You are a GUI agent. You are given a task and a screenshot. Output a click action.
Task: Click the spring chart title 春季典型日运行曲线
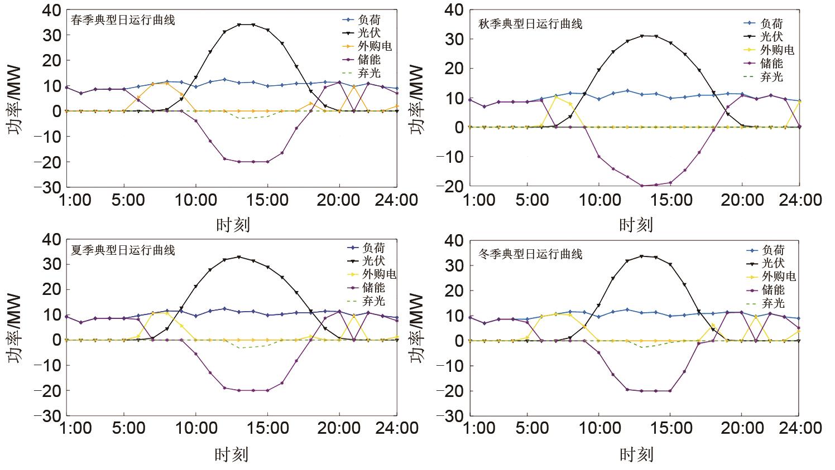(123, 20)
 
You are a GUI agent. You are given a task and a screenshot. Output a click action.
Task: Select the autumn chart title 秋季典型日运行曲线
(531, 24)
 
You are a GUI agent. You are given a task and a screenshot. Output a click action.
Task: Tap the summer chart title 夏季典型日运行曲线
(123, 250)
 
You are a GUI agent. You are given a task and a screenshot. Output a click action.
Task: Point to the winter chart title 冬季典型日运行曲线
(531, 254)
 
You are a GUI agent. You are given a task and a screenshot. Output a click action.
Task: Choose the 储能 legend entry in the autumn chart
(772, 64)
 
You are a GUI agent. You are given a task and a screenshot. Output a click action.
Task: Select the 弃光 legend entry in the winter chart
(773, 303)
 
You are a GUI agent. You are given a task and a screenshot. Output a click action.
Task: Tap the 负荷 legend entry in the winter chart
(773, 250)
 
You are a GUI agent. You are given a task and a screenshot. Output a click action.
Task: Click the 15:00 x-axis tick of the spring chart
(268, 200)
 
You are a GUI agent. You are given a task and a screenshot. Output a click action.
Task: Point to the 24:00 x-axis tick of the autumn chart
(800, 199)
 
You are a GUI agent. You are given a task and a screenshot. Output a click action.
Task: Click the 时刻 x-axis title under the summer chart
(232, 454)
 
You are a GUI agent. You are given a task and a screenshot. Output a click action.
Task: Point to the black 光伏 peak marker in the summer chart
(239, 257)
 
